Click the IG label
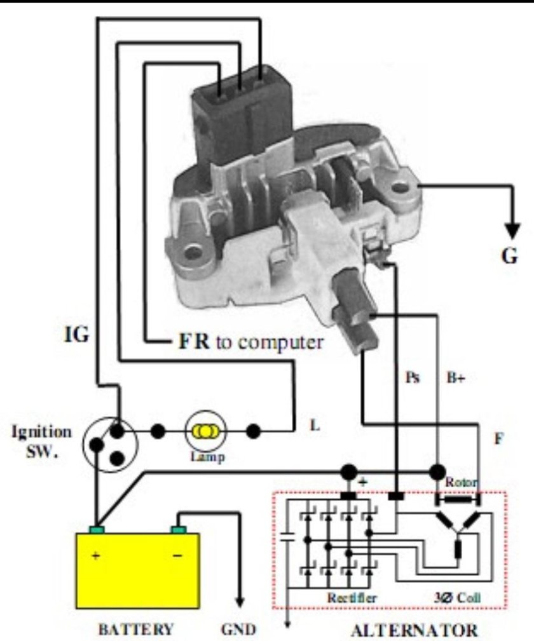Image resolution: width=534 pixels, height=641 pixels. pos(79,335)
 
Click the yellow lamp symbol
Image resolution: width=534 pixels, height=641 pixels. pos(205,432)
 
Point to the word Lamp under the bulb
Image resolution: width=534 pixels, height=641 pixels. pos(205,456)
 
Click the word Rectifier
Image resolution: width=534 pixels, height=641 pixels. pos(352,598)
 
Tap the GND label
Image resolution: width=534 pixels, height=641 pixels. pos(238,630)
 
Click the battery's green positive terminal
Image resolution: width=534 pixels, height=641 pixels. pos(97,529)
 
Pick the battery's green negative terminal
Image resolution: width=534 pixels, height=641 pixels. pos(178,529)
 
